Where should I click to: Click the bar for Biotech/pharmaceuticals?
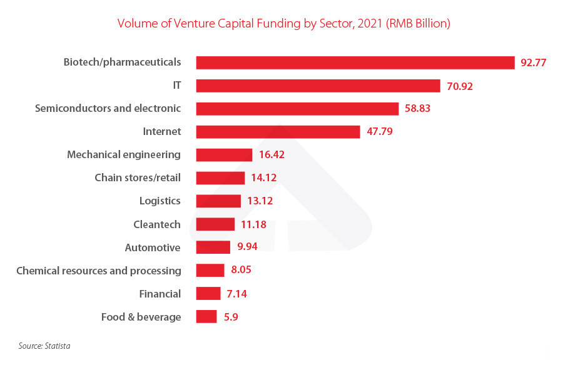(355, 62)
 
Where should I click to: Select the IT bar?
(318, 86)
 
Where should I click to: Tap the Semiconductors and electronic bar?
(297, 109)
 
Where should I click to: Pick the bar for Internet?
(278, 132)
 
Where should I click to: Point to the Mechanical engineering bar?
(224, 155)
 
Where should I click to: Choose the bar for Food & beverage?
(206, 317)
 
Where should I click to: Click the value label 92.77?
(534, 62)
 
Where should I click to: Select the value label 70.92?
(460, 86)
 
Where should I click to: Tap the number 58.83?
(417, 109)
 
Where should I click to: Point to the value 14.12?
(263, 178)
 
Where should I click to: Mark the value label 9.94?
(248, 247)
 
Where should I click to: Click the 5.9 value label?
(230, 317)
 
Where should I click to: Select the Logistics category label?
(160, 201)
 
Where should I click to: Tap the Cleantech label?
(156, 224)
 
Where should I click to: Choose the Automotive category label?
(153, 247)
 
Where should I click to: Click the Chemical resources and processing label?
(99, 271)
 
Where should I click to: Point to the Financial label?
(160, 294)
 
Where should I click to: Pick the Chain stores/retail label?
(138, 178)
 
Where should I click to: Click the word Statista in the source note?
(58, 345)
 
